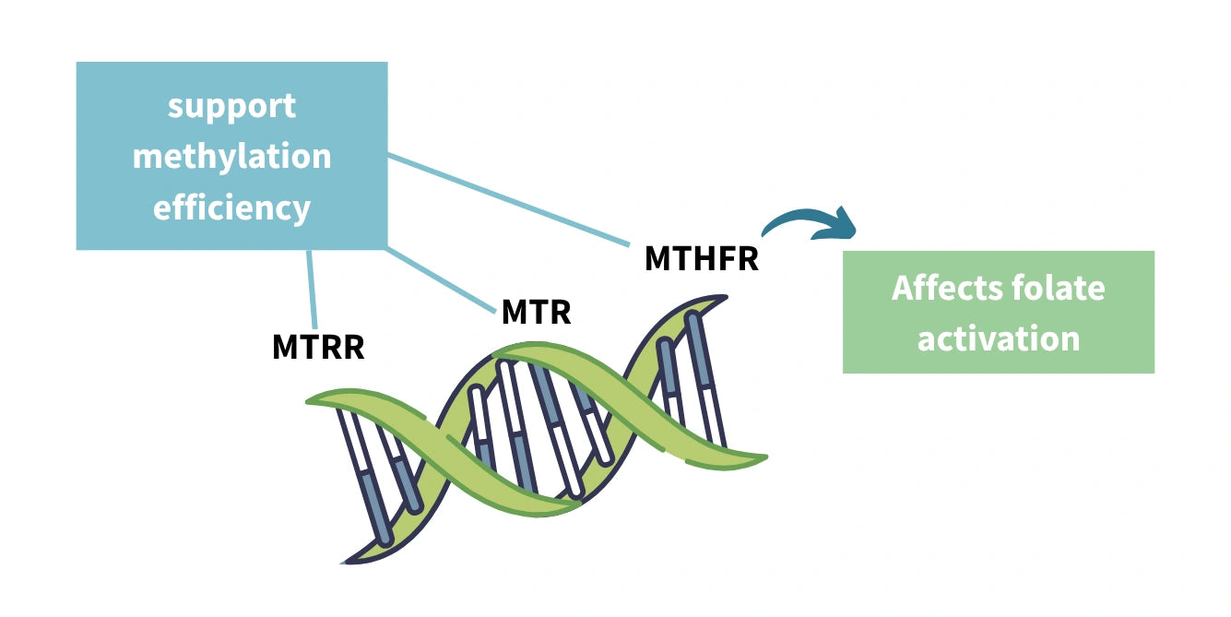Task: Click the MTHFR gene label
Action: pyautogui.click(x=701, y=259)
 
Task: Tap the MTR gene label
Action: pyautogui.click(x=536, y=312)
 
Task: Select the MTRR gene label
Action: pyautogui.click(x=318, y=348)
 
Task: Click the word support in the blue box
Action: pyautogui.click(x=231, y=106)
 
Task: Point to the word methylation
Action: pyautogui.click(x=231, y=157)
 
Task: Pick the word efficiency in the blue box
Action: pyautogui.click(x=231, y=208)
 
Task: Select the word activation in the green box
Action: pyautogui.click(x=998, y=338)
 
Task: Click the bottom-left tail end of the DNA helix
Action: pyautogui.click(x=350, y=557)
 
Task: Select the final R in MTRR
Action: pyautogui.click(x=354, y=348)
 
